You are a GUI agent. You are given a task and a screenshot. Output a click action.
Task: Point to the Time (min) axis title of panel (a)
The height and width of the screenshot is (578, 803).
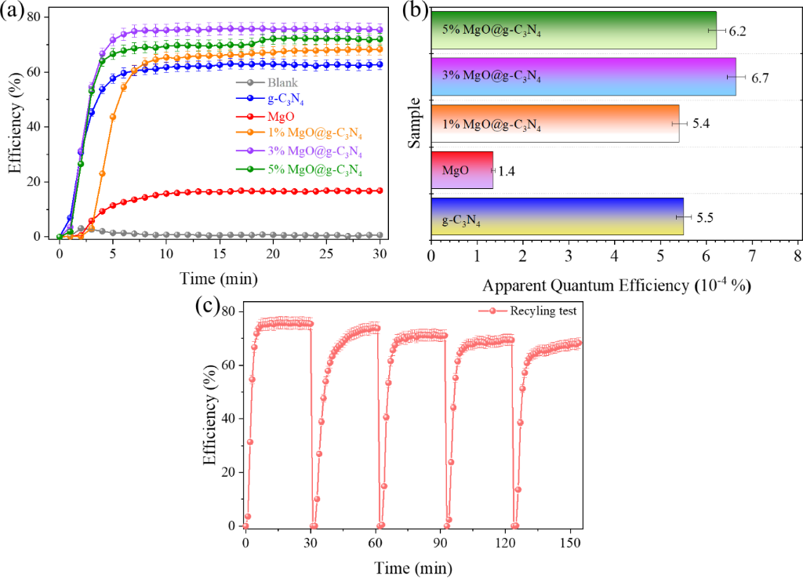tap(218, 278)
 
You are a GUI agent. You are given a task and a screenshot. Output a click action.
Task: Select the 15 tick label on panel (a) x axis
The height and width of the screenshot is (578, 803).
tap(220, 254)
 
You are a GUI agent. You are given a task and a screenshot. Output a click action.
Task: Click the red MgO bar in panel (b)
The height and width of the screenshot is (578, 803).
tap(462, 169)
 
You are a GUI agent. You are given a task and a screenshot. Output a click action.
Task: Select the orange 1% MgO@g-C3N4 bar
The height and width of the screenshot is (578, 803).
tap(554, 123)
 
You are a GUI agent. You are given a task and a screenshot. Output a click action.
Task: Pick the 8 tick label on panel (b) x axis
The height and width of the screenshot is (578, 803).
tap(797, 256)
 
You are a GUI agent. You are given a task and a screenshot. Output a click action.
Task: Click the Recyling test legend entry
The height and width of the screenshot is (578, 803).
tap(541, 311)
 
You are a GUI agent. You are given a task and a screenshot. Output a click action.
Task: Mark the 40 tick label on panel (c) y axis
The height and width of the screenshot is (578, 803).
tap(229, 419)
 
